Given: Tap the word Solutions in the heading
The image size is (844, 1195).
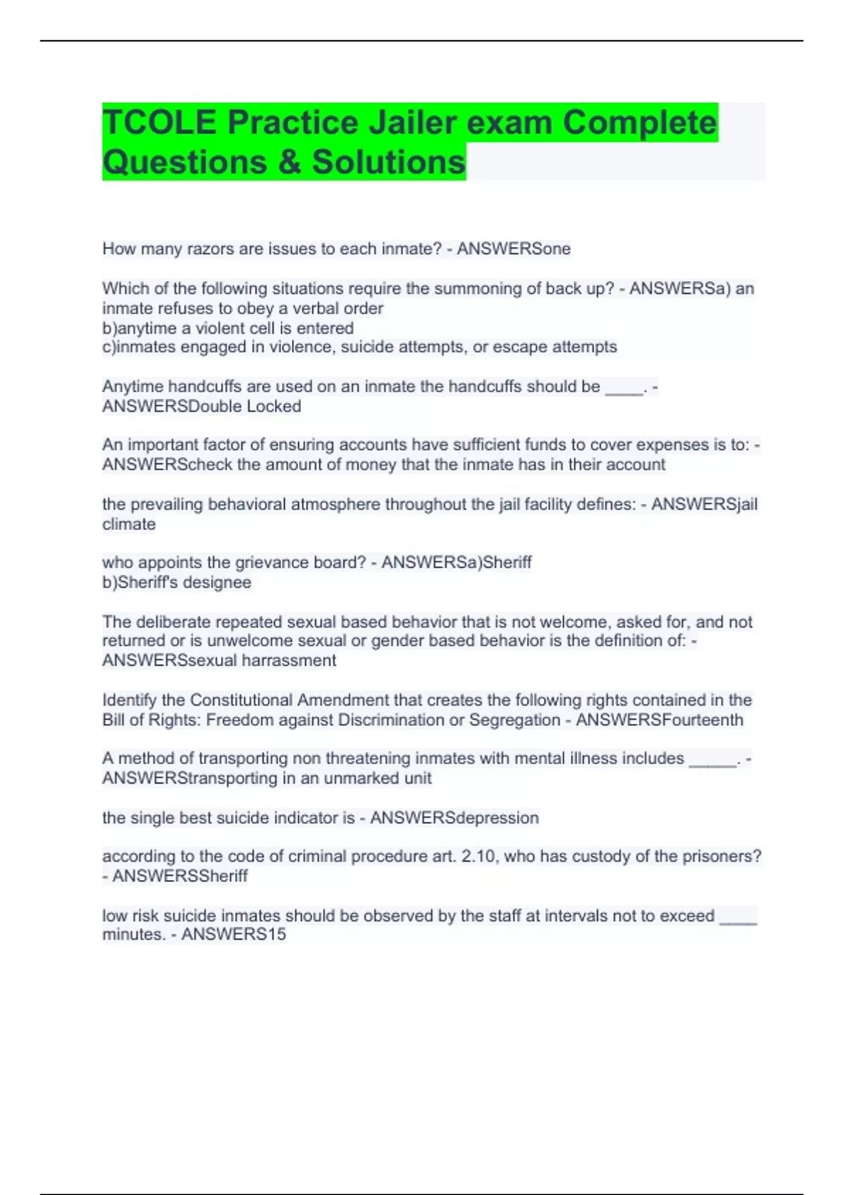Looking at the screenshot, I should (389, 162).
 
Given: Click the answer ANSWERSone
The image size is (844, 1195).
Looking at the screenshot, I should (513, 249).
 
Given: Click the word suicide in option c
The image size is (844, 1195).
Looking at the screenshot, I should (368, 347).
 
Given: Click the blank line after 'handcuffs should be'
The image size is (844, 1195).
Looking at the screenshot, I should (624, 388).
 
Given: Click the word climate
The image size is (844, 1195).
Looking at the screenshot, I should (129, 524).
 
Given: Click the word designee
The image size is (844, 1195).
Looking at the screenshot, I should (219, 583).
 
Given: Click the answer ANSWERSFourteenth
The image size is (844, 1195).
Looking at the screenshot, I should (659, 720).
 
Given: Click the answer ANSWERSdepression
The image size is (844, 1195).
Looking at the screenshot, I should (454, 818).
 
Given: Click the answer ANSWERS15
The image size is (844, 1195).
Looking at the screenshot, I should (234, 935).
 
